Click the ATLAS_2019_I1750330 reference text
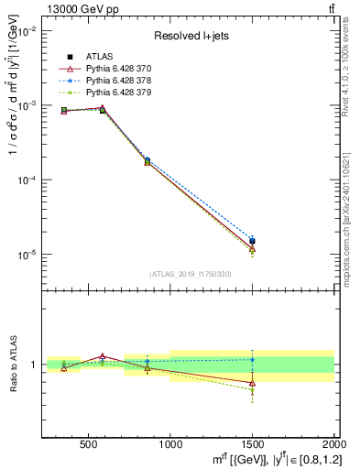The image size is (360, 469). [x=191, y=273]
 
